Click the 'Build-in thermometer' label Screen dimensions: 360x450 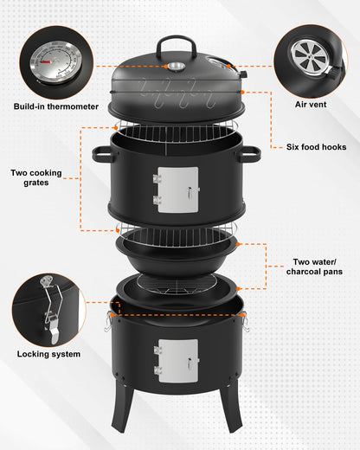point(56,106)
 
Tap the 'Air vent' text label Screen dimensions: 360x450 point(311,105)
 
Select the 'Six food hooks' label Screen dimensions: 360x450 point(316,147)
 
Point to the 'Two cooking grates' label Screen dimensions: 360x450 point(36,177)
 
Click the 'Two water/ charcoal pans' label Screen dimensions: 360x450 point(314,267)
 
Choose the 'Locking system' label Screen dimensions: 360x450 point(48,354)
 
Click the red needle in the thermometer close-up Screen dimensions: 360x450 point(46,61)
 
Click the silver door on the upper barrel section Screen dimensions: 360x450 point(177,190)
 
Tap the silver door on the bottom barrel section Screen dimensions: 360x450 point(177,361)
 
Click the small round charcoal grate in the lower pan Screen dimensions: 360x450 point(177,284)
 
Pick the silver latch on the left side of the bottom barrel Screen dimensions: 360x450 point(108,321)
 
